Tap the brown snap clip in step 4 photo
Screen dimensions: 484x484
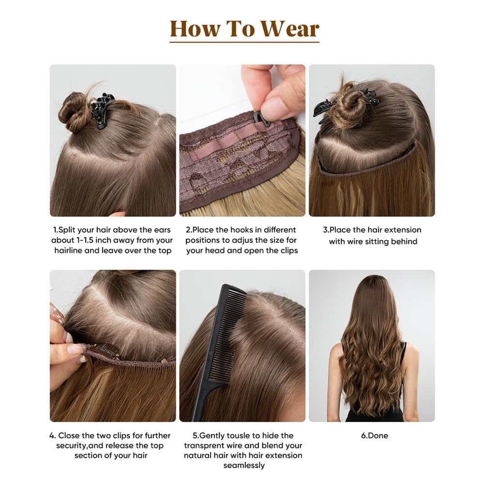(x=105, y=351)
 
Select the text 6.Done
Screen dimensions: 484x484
(x=375, y=436)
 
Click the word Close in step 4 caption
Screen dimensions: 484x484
(x=68, y=436)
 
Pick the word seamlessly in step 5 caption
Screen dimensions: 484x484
(x=244, y=466)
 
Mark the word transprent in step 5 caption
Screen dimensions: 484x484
(x=205, y=446)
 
